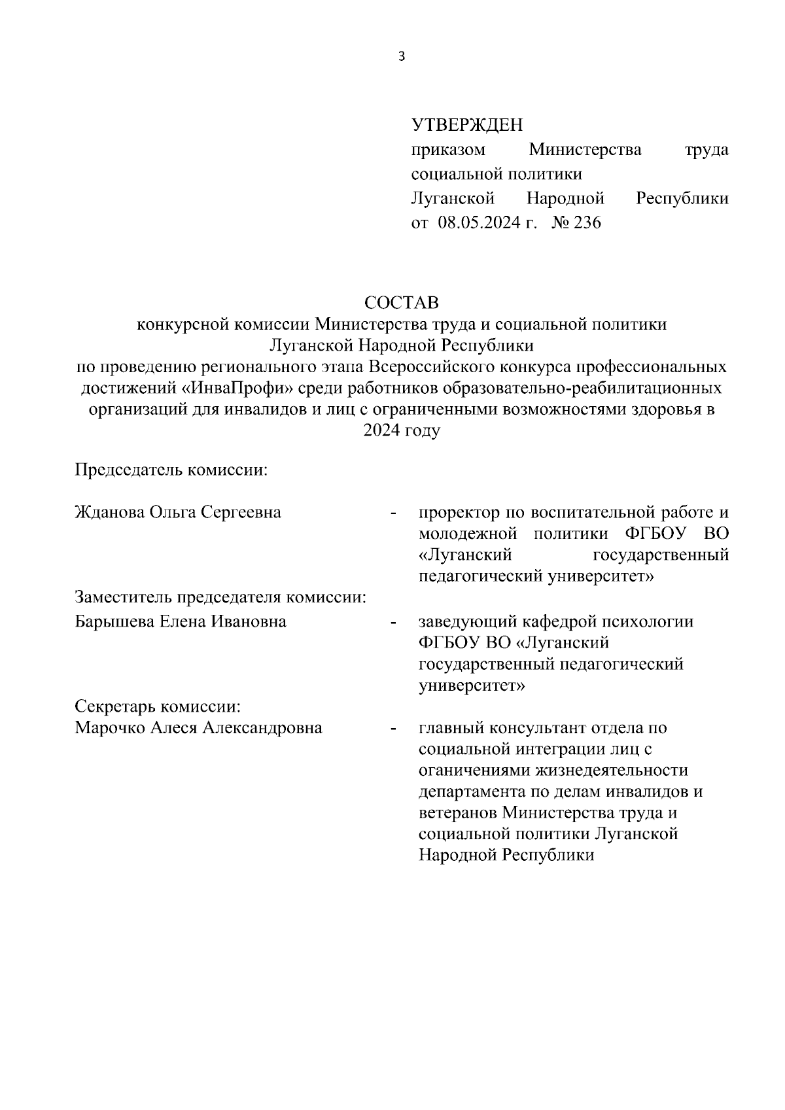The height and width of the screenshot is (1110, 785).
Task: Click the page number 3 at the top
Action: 402,57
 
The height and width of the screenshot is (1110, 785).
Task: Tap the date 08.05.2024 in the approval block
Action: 481,223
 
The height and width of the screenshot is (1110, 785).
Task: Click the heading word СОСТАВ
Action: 402,303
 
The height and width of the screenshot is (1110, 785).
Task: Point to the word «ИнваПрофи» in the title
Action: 237,389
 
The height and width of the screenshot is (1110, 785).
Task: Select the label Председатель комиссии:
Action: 172,470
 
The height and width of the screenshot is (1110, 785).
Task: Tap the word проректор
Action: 459,512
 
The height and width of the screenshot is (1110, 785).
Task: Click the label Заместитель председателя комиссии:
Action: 220,597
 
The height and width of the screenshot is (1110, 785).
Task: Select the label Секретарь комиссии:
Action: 158,707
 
